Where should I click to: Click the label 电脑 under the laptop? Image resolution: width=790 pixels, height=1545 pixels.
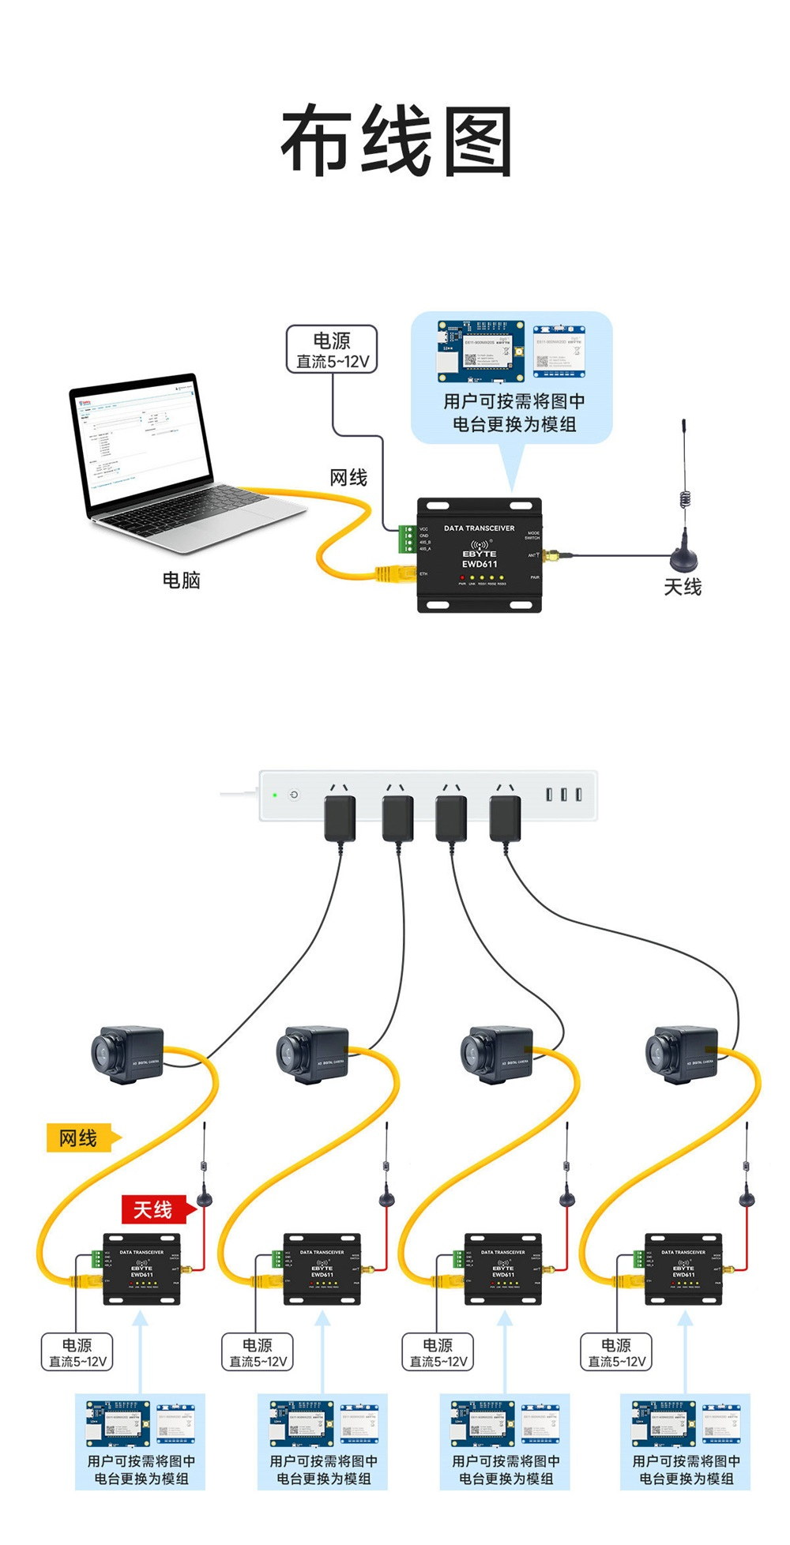[x=181, y=581]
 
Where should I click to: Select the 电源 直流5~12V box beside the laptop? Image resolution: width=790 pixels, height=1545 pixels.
[x=331, y=350]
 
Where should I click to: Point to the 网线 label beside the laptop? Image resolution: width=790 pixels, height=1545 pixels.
[x=348, y=478]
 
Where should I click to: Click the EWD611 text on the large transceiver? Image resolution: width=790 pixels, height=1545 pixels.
[x=480, y=564]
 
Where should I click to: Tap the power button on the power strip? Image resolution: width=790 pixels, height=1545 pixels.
[x=294, y=795]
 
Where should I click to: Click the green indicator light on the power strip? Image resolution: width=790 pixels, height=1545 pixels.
[x=274, y=795]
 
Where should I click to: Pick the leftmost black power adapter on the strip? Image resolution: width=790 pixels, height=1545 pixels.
[x=340, y=818]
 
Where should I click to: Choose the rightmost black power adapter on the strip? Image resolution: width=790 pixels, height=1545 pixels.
[x=505, y=818]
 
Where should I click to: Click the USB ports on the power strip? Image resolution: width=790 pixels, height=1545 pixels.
[x=564, y=794]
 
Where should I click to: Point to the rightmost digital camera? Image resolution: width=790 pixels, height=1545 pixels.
[x=681, y=1054]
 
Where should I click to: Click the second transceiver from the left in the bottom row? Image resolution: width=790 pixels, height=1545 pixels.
[x=322, y=1269]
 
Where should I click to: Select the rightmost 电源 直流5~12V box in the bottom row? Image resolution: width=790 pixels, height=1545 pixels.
[x=616, y=1351]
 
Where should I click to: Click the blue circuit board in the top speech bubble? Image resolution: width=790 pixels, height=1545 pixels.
[x=482, y=351]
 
